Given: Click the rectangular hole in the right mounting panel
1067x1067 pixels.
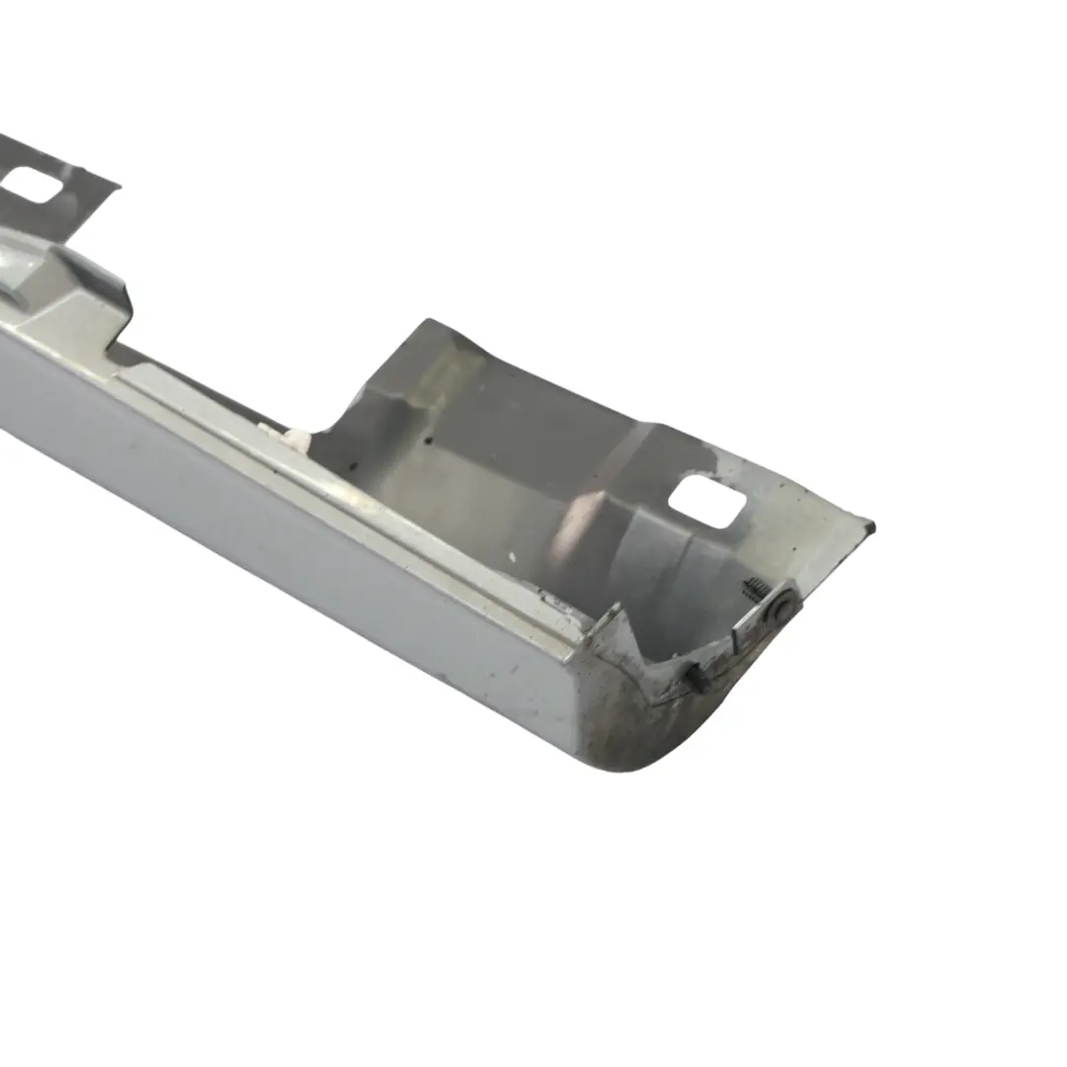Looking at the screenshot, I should coord(707,501).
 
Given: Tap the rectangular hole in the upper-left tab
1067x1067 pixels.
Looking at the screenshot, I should coord(34,185).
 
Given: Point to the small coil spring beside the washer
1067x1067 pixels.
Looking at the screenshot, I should coord(757,590).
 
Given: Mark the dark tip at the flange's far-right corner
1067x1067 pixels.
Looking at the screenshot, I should coord(869,528).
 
